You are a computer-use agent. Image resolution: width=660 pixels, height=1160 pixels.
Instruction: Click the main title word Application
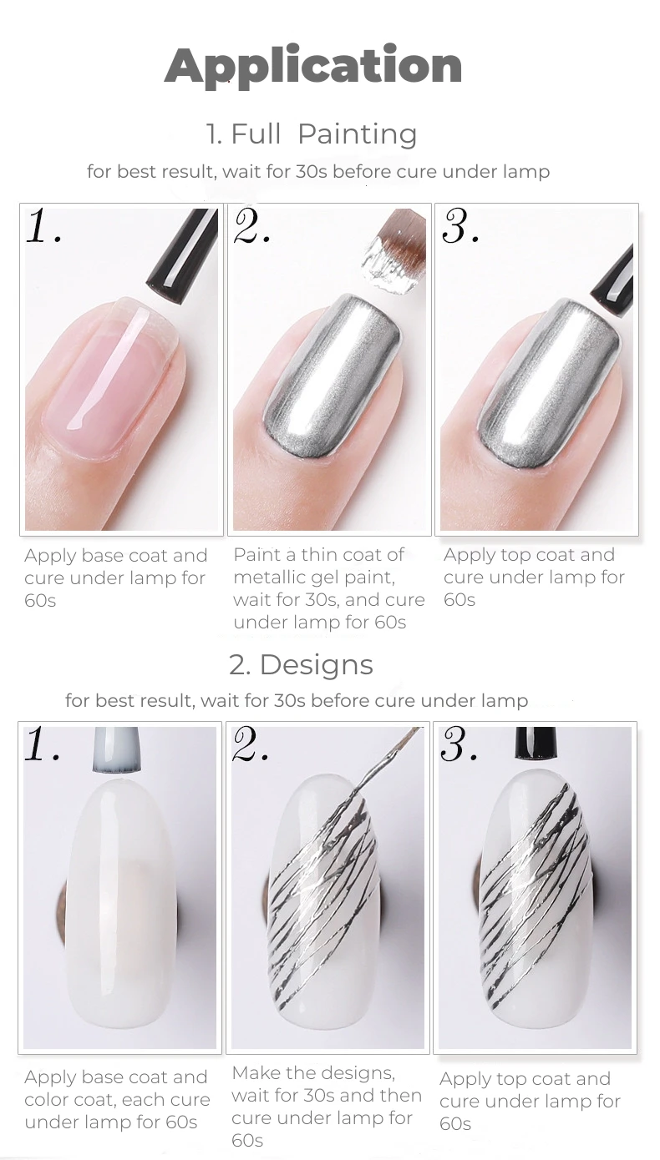(313, 66)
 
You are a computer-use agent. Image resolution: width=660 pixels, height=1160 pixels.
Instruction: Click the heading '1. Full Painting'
(312, 134)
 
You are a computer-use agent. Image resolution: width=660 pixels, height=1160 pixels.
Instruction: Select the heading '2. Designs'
(301, 665)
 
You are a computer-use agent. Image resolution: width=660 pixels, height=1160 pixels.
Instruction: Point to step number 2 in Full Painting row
(251, 227)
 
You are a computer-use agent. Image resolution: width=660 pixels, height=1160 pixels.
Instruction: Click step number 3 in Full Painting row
(459, 227)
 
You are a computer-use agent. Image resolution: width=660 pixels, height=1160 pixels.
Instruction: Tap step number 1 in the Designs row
(42, 744)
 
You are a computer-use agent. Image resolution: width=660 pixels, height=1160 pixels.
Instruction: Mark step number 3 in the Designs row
(459, 744)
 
